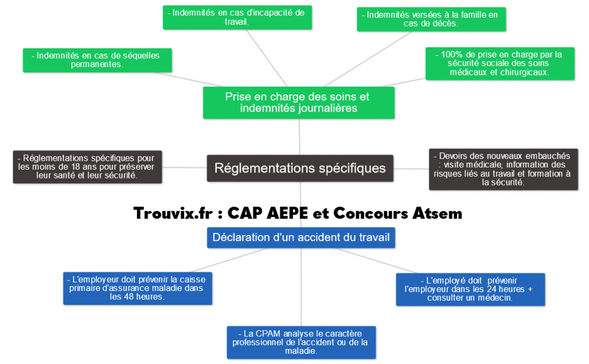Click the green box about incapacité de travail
[x=237, y=17]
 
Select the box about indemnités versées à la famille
[x=431, y=19]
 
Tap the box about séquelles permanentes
[x=98, y=60]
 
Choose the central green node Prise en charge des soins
[x=298, y=103]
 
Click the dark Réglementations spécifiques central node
[x=300, y=168]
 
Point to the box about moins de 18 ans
[x=87, y=166]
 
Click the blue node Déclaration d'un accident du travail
[x=301, y=237]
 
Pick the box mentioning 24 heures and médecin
[x=470, y=289]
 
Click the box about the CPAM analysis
[x=301, y=342]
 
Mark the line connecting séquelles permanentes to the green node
[x=188, y=81]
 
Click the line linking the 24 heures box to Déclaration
[x=368, y=260]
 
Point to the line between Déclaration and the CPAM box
[x=301, y=288]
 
